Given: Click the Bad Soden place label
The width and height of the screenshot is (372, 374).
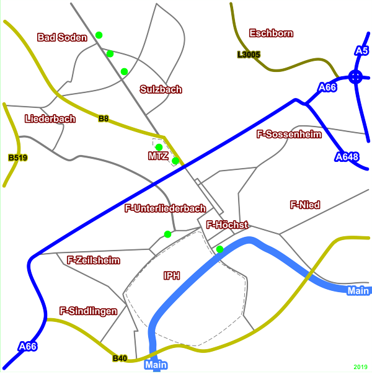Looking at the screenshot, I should coord(62,37).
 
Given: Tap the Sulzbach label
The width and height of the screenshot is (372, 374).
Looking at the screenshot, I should coord(161,89).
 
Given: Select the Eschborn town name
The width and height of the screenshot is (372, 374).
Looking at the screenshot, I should coord(271,33).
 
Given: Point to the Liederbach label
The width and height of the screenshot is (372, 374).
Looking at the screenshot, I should coord(50,118).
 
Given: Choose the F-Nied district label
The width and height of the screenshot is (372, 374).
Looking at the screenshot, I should coord(305,204).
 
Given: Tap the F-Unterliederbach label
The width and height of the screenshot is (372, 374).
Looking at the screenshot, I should coord(166,208).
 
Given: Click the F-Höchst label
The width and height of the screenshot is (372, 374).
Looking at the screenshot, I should coord(227,225).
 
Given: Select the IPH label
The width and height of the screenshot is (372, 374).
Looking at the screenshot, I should coord(172,275).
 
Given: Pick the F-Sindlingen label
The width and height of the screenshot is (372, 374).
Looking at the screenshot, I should coord(88,311).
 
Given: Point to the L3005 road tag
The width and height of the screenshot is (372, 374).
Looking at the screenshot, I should coord(248,55).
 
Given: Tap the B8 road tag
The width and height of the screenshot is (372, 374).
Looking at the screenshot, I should coord(104,118).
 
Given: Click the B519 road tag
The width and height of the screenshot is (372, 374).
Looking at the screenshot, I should coord(18,158).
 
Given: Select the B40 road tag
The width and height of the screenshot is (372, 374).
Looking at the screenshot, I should coord(120,358).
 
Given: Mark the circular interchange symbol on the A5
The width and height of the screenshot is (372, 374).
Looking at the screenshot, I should coord(355,77).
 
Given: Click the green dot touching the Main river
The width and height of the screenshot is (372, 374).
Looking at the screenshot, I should coord(219,249).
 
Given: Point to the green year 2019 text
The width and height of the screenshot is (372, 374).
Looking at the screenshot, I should coord(361,367).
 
